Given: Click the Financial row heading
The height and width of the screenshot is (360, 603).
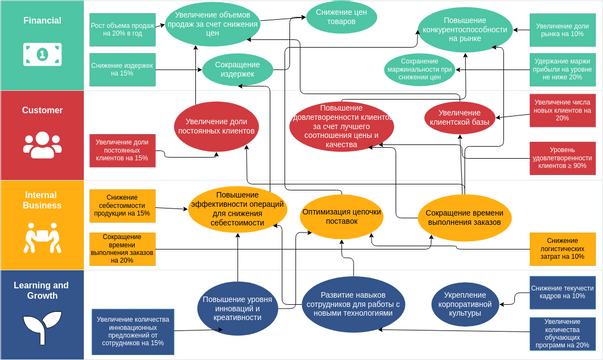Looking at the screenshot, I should coord(41,19).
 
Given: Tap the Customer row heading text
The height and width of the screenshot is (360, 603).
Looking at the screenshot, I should coord(42,110).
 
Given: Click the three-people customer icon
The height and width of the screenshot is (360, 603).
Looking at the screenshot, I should coord(42,146).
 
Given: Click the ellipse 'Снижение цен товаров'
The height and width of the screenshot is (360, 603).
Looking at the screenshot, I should coord(334,16).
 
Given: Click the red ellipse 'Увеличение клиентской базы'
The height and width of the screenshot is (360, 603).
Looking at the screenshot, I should coord(460,118).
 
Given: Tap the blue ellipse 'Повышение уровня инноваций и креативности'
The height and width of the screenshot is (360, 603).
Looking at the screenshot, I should coord(238,305).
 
